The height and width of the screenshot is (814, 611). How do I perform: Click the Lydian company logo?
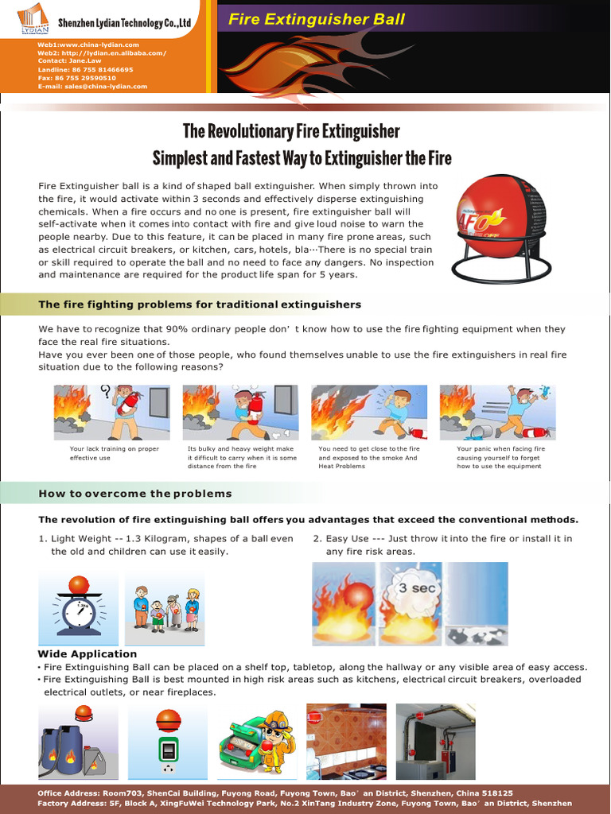[32, 19]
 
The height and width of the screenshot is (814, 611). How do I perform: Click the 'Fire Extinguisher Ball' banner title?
[317, 20]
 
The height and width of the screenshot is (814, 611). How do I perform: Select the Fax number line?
[76, 78]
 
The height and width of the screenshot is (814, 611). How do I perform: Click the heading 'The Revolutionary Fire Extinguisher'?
[291, 131]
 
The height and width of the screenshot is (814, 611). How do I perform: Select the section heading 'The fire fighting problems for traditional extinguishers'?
[200, 304]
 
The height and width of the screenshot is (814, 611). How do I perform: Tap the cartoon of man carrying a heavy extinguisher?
[240, 413]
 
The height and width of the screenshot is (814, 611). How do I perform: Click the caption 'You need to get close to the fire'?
[368, 449]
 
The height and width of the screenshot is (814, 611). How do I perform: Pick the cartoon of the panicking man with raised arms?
[497, 413]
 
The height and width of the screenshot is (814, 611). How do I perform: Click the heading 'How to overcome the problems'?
[135, 494]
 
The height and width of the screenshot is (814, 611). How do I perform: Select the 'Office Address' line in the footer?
[274, 793]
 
